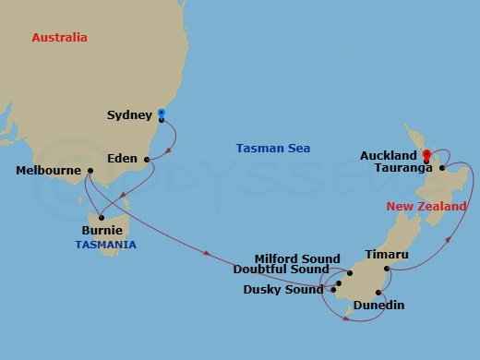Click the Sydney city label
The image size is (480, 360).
130,115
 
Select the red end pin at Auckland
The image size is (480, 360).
426,154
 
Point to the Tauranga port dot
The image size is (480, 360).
443,169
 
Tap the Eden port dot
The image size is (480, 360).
147,159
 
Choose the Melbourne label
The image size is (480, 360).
49,171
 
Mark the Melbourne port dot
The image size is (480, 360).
90,170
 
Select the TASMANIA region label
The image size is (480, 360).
105,245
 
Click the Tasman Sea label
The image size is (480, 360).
272,148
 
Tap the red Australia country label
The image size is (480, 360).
59,38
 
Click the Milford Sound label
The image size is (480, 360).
296,259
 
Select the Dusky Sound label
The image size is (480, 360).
283,289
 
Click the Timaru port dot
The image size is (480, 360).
386,269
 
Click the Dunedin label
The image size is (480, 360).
379,305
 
